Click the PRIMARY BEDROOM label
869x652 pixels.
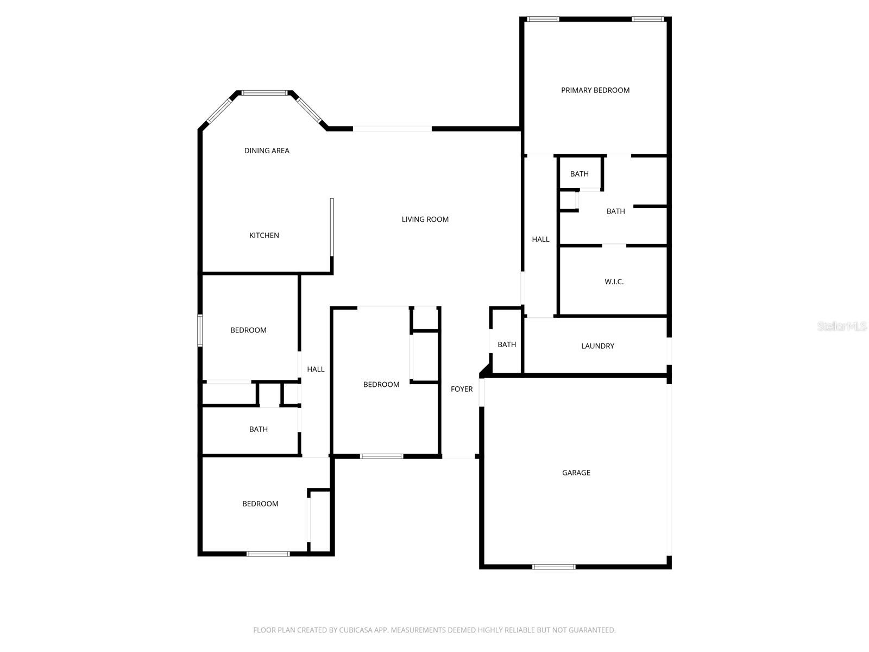595,90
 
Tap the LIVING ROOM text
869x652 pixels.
425,220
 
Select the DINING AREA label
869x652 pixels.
267,151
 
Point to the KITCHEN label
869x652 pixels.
264,235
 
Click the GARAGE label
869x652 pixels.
576,473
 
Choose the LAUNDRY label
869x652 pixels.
597,346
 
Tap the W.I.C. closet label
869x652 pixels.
614,281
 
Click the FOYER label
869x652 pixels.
462,389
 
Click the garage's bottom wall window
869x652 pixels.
553,567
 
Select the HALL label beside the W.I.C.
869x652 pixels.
540,239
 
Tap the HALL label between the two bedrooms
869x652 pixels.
316,369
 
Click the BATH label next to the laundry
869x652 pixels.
507,344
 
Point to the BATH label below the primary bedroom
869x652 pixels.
580,174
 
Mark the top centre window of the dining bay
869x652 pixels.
265,93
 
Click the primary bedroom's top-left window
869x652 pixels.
543,20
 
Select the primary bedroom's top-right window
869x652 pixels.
647,20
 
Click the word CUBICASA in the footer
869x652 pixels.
359,630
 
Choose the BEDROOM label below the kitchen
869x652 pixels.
248,330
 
